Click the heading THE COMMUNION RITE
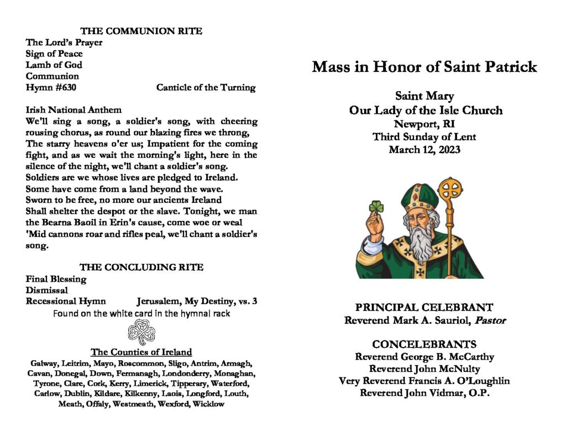141,31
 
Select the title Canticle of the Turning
206,87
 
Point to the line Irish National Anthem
74,110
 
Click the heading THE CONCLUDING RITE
141,267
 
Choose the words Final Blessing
56,279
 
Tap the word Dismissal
46,290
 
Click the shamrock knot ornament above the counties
141,333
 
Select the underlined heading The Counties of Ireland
141,352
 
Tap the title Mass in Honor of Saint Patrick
424,67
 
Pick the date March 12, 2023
424,149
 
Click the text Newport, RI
424,123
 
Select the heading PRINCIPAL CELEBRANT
424,308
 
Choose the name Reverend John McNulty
424,368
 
